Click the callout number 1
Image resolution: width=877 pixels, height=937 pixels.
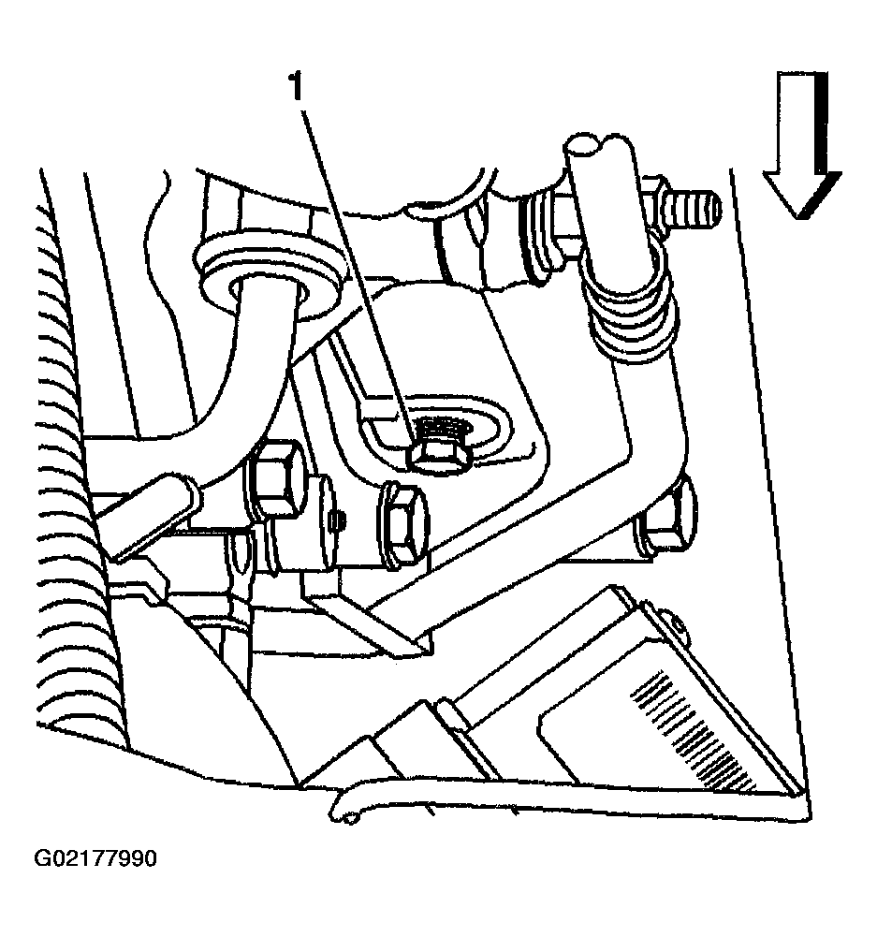297,87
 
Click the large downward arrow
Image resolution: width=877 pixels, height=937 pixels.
802,144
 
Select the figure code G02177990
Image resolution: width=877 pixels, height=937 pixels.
95,858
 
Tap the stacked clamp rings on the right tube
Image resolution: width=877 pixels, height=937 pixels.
634,311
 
